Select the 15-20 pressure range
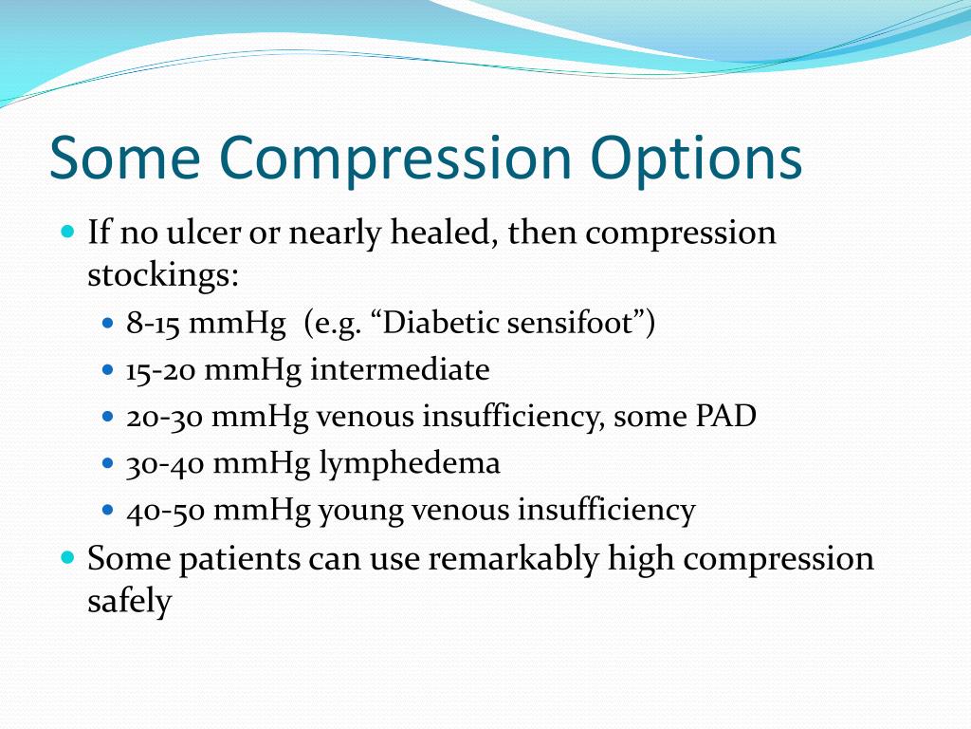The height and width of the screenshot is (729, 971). (161, 370)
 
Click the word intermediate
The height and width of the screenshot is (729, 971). (400, 370)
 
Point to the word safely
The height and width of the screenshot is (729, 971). (129, 602)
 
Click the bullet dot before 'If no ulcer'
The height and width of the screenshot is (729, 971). (67, 231)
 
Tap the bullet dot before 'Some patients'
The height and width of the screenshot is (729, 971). (67, 556)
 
